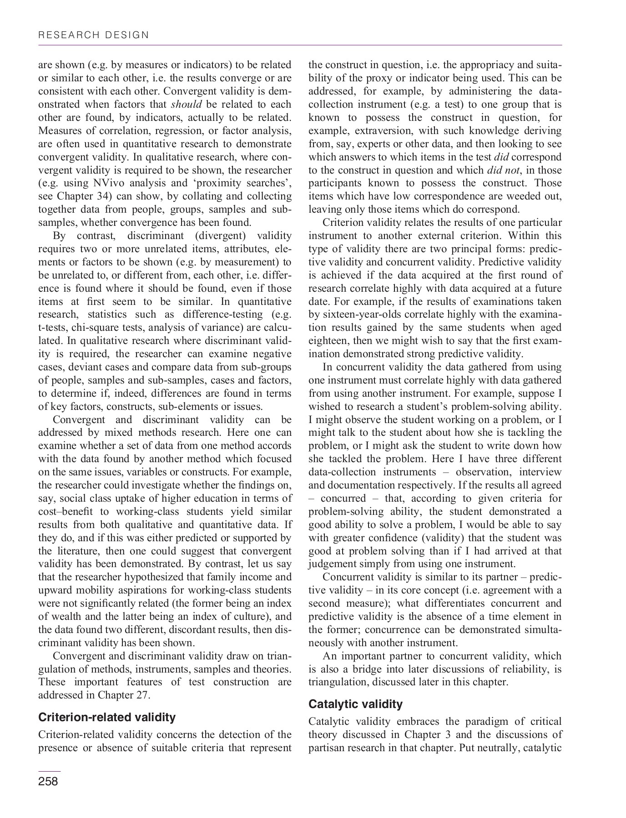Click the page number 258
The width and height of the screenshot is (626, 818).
pyautogui.click(x=48, y=781)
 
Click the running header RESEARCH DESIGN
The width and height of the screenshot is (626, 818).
pyautogui.click(x=93, y=35)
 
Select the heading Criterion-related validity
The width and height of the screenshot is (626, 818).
pyautogui.click(x=107, y=717)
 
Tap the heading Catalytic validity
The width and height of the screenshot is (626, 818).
pyautogui.click(x=355, y=704)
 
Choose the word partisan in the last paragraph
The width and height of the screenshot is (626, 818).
pyautogui.click(x=327, y=748)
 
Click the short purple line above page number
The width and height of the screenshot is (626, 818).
pyautogui.click(x=49, y=771)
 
